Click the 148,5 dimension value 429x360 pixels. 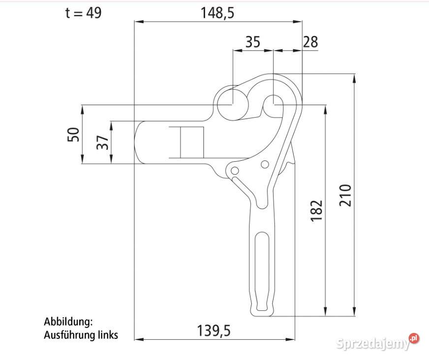217,13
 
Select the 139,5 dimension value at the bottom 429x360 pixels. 214,330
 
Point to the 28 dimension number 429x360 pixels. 310,42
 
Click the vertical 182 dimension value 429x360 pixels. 317,210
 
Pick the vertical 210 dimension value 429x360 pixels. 346,195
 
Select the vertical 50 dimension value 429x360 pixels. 73,134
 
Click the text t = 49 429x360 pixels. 84,13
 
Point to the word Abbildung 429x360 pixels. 68,322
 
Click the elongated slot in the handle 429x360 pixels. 263,270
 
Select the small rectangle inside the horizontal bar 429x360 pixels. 191,143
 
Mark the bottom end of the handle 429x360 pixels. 262,313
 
